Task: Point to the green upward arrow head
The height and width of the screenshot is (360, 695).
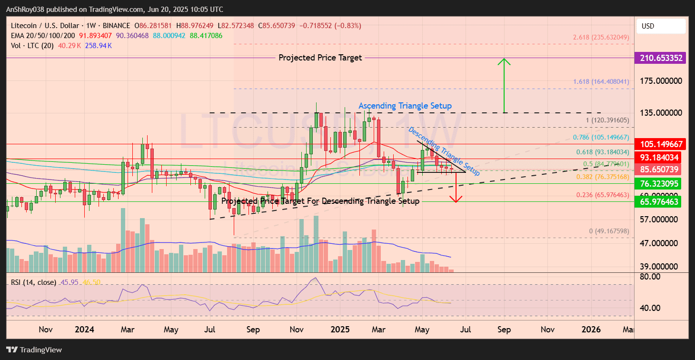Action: (x=504, y=61)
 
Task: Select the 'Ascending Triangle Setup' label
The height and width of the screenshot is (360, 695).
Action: (x=405, y=105)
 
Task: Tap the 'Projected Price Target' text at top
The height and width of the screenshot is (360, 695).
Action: (x=320, y=58)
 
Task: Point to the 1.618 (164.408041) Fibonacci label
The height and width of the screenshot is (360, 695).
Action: (x=601, y=81)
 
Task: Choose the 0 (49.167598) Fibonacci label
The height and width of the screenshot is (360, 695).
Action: (x=609, y=231)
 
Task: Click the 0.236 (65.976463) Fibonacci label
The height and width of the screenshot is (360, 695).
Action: (x=603, y=195)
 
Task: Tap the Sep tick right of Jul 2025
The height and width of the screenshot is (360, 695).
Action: (x=504, y=330)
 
